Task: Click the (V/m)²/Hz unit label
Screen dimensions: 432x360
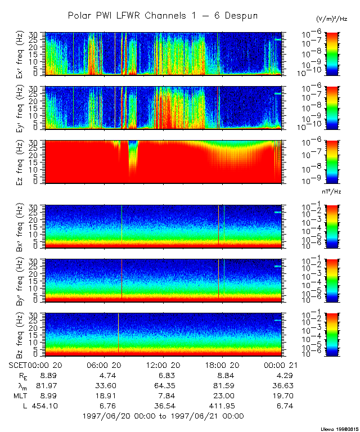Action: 332,20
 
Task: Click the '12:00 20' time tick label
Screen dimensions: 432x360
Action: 163,365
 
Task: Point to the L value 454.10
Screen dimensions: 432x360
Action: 41,406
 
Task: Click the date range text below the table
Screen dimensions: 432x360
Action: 163,416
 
